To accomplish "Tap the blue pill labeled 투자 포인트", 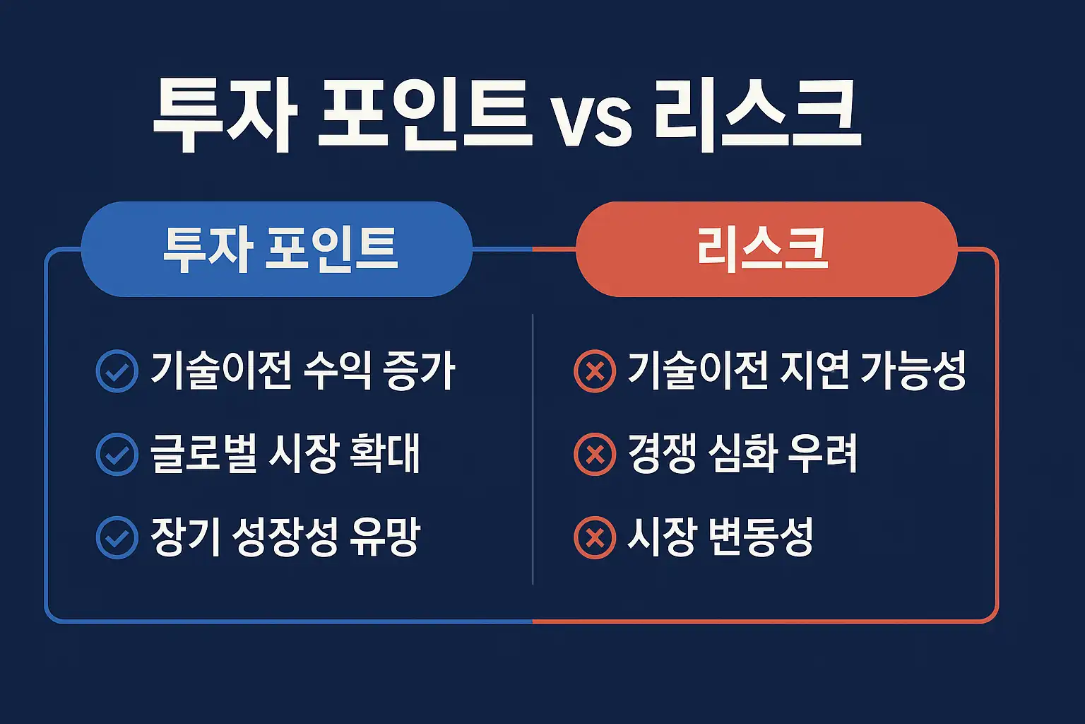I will [277, 249].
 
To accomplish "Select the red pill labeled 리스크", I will [766, 249].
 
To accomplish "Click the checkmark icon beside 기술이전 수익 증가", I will [117, 371].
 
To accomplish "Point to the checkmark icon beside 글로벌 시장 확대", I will [117, 454].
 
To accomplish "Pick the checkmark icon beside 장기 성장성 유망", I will [117, 537].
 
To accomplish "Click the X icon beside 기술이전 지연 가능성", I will [595, 371].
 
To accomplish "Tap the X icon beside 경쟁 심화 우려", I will [595, 454].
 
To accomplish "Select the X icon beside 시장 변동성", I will [595, 537].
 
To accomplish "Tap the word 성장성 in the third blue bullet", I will [284, 537].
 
